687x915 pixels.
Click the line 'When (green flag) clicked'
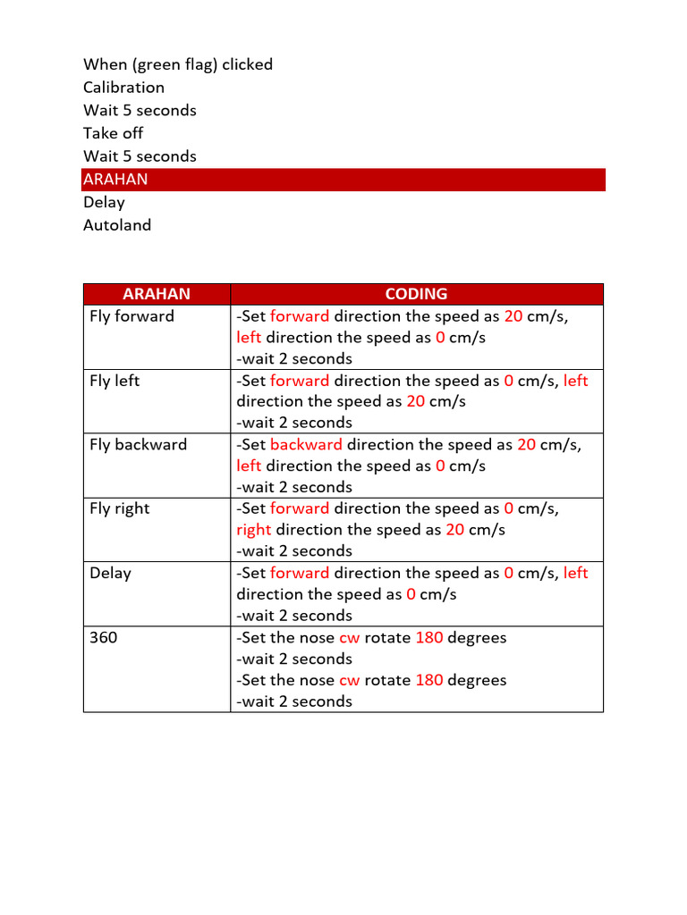click(x=178, y=64)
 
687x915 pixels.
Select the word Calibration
click(x=123, y=88)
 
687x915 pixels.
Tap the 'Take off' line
click(x=113, y=133)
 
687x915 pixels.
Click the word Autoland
click(x=117, y=225)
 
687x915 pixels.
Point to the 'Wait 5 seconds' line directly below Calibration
click(x=140, y=111)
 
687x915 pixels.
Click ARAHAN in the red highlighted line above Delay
click(x=115, y=180)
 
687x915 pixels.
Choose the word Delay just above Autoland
click(x=104, y=202)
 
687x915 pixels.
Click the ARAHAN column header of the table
click(x=157, y=294)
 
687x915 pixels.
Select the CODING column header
click(x=416, y=294)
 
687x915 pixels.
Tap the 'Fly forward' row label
click(x=131, y=316)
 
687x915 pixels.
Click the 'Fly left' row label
click(x=114, y=381)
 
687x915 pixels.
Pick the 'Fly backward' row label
click(x=138, y=445)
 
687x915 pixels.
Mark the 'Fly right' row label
click(x=119, y=508)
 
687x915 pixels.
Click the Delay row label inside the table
click(x=110, y=573)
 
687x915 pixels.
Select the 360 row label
click(x=102, y=638)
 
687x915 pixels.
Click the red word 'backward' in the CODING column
click(x=306, y=445)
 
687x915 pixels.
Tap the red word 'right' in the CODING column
click(x=253, y=530)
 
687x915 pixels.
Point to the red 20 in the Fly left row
click(x=415, y=402)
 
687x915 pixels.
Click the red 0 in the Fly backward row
click(x=440, y=466)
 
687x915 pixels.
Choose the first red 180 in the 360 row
click(x=429, y=638)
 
